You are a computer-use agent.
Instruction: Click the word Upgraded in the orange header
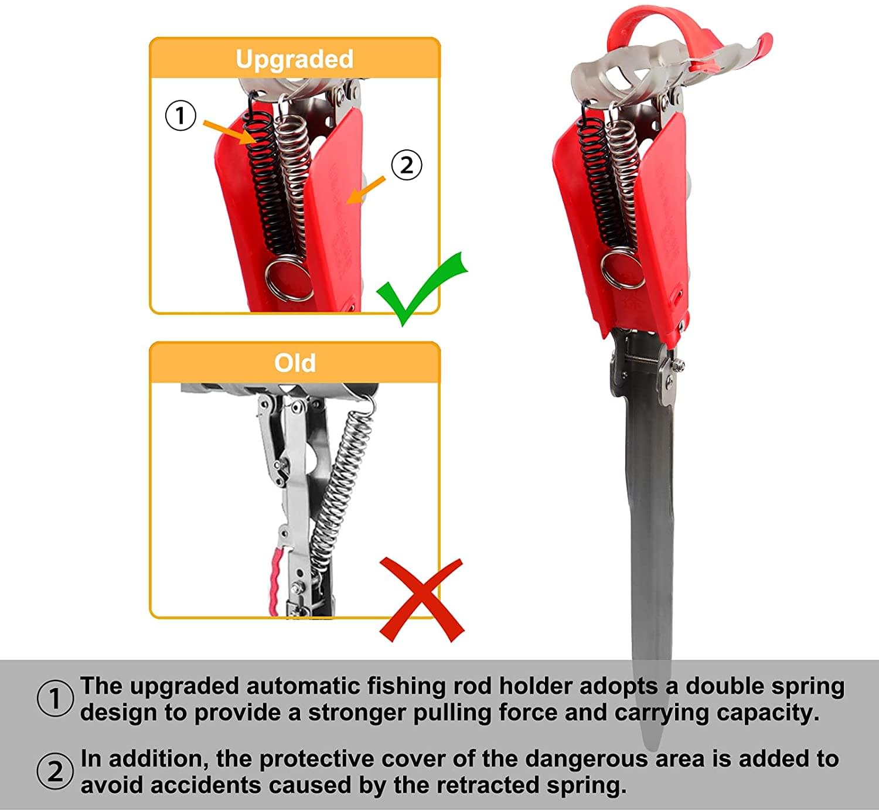click(294, 59)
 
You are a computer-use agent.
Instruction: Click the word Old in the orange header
click(295, 363)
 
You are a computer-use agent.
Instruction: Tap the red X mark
click(422, 600)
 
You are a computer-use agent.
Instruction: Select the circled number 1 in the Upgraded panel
click(180, 115)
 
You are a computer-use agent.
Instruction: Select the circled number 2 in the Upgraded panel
click(406, 165)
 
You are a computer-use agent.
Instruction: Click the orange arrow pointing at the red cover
click(366, 190)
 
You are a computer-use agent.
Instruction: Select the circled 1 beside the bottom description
click(55, 699)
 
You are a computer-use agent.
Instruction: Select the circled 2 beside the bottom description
click(55, 771)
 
